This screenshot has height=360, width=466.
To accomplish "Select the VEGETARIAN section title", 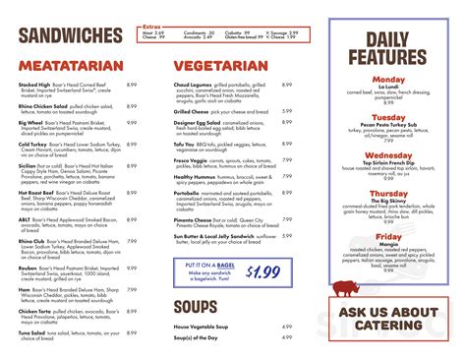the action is pos(221,67).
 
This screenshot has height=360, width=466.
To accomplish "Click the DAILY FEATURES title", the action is pos(402,49).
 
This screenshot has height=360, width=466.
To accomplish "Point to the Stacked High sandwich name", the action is pos(34,85).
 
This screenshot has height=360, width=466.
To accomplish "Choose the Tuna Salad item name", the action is pos(33,331).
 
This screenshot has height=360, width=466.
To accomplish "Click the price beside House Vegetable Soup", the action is pos(287,326).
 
